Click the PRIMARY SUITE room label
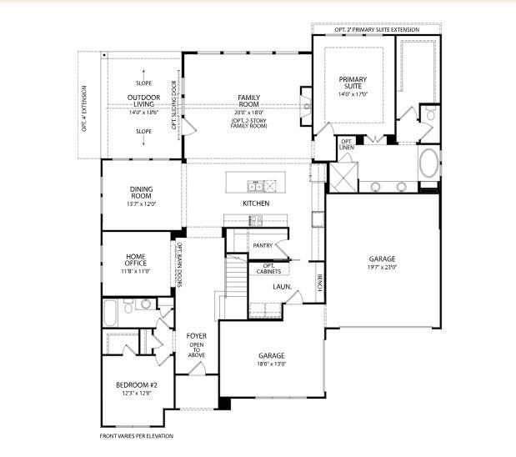(x=353, y=83)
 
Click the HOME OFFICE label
(x=137, y=259)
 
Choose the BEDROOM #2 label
(x=135, y=384)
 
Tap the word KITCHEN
(x=256, y=203)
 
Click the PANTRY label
(x=263, y=245)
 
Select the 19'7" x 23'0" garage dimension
(x=383, y=268)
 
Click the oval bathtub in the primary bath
(x=428, y=163)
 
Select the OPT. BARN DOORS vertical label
(x=178, y=266)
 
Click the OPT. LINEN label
(x=347, y=144)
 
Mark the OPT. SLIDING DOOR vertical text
(x=174, y=106)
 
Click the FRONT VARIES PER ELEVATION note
(x=137, y=435)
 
